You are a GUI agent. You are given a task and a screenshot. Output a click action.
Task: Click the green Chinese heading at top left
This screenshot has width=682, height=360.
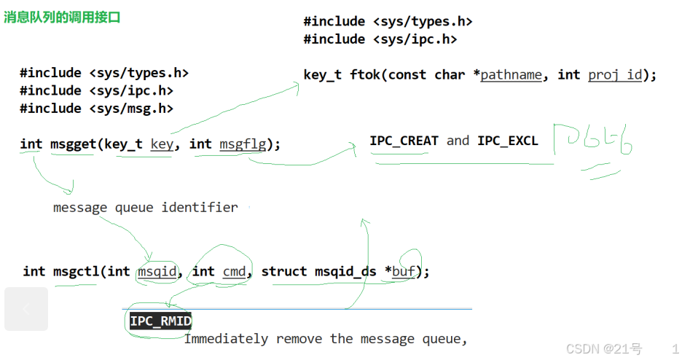pyautogui.click(x=62, y=17)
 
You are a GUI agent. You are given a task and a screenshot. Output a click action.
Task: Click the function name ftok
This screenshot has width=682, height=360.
pyautogui.click(x=365, y=74)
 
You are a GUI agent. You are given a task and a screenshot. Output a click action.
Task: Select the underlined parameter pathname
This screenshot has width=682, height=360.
pyautogui.click(x=511, y=74)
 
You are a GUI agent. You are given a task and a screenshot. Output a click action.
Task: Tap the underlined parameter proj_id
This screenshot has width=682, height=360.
pyautogui.click(x=616, y=74)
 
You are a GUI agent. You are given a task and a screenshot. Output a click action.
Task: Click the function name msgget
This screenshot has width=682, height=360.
pyautogui.click(x=73, y=144)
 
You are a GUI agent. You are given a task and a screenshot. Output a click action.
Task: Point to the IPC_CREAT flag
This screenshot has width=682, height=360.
pyautogui.click(x=404, y=141)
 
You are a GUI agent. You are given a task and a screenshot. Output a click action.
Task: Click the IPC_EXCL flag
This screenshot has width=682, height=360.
pyautogui.click(x=508, y=141)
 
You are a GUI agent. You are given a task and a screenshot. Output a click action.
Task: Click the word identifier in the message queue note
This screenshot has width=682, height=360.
pyautogui.click(x=200, y=208)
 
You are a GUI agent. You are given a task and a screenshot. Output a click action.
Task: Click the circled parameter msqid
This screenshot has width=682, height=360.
pyautogui.click(x=157, y=271)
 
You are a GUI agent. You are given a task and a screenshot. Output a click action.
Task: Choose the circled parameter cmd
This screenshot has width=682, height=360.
pyautogui.click(x=234, y=271)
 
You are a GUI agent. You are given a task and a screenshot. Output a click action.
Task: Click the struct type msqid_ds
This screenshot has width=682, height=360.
pyautogui.click(x=345, y=271)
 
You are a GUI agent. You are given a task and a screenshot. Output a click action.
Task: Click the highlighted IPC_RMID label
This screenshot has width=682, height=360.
pyautogui.click(x=160, y=321)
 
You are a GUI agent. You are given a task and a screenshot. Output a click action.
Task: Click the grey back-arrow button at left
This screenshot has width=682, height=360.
pyautogui.click(x=26, y=309)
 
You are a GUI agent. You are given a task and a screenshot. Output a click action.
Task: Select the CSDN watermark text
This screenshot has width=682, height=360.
pyautogui.click(x=604, y=349)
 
